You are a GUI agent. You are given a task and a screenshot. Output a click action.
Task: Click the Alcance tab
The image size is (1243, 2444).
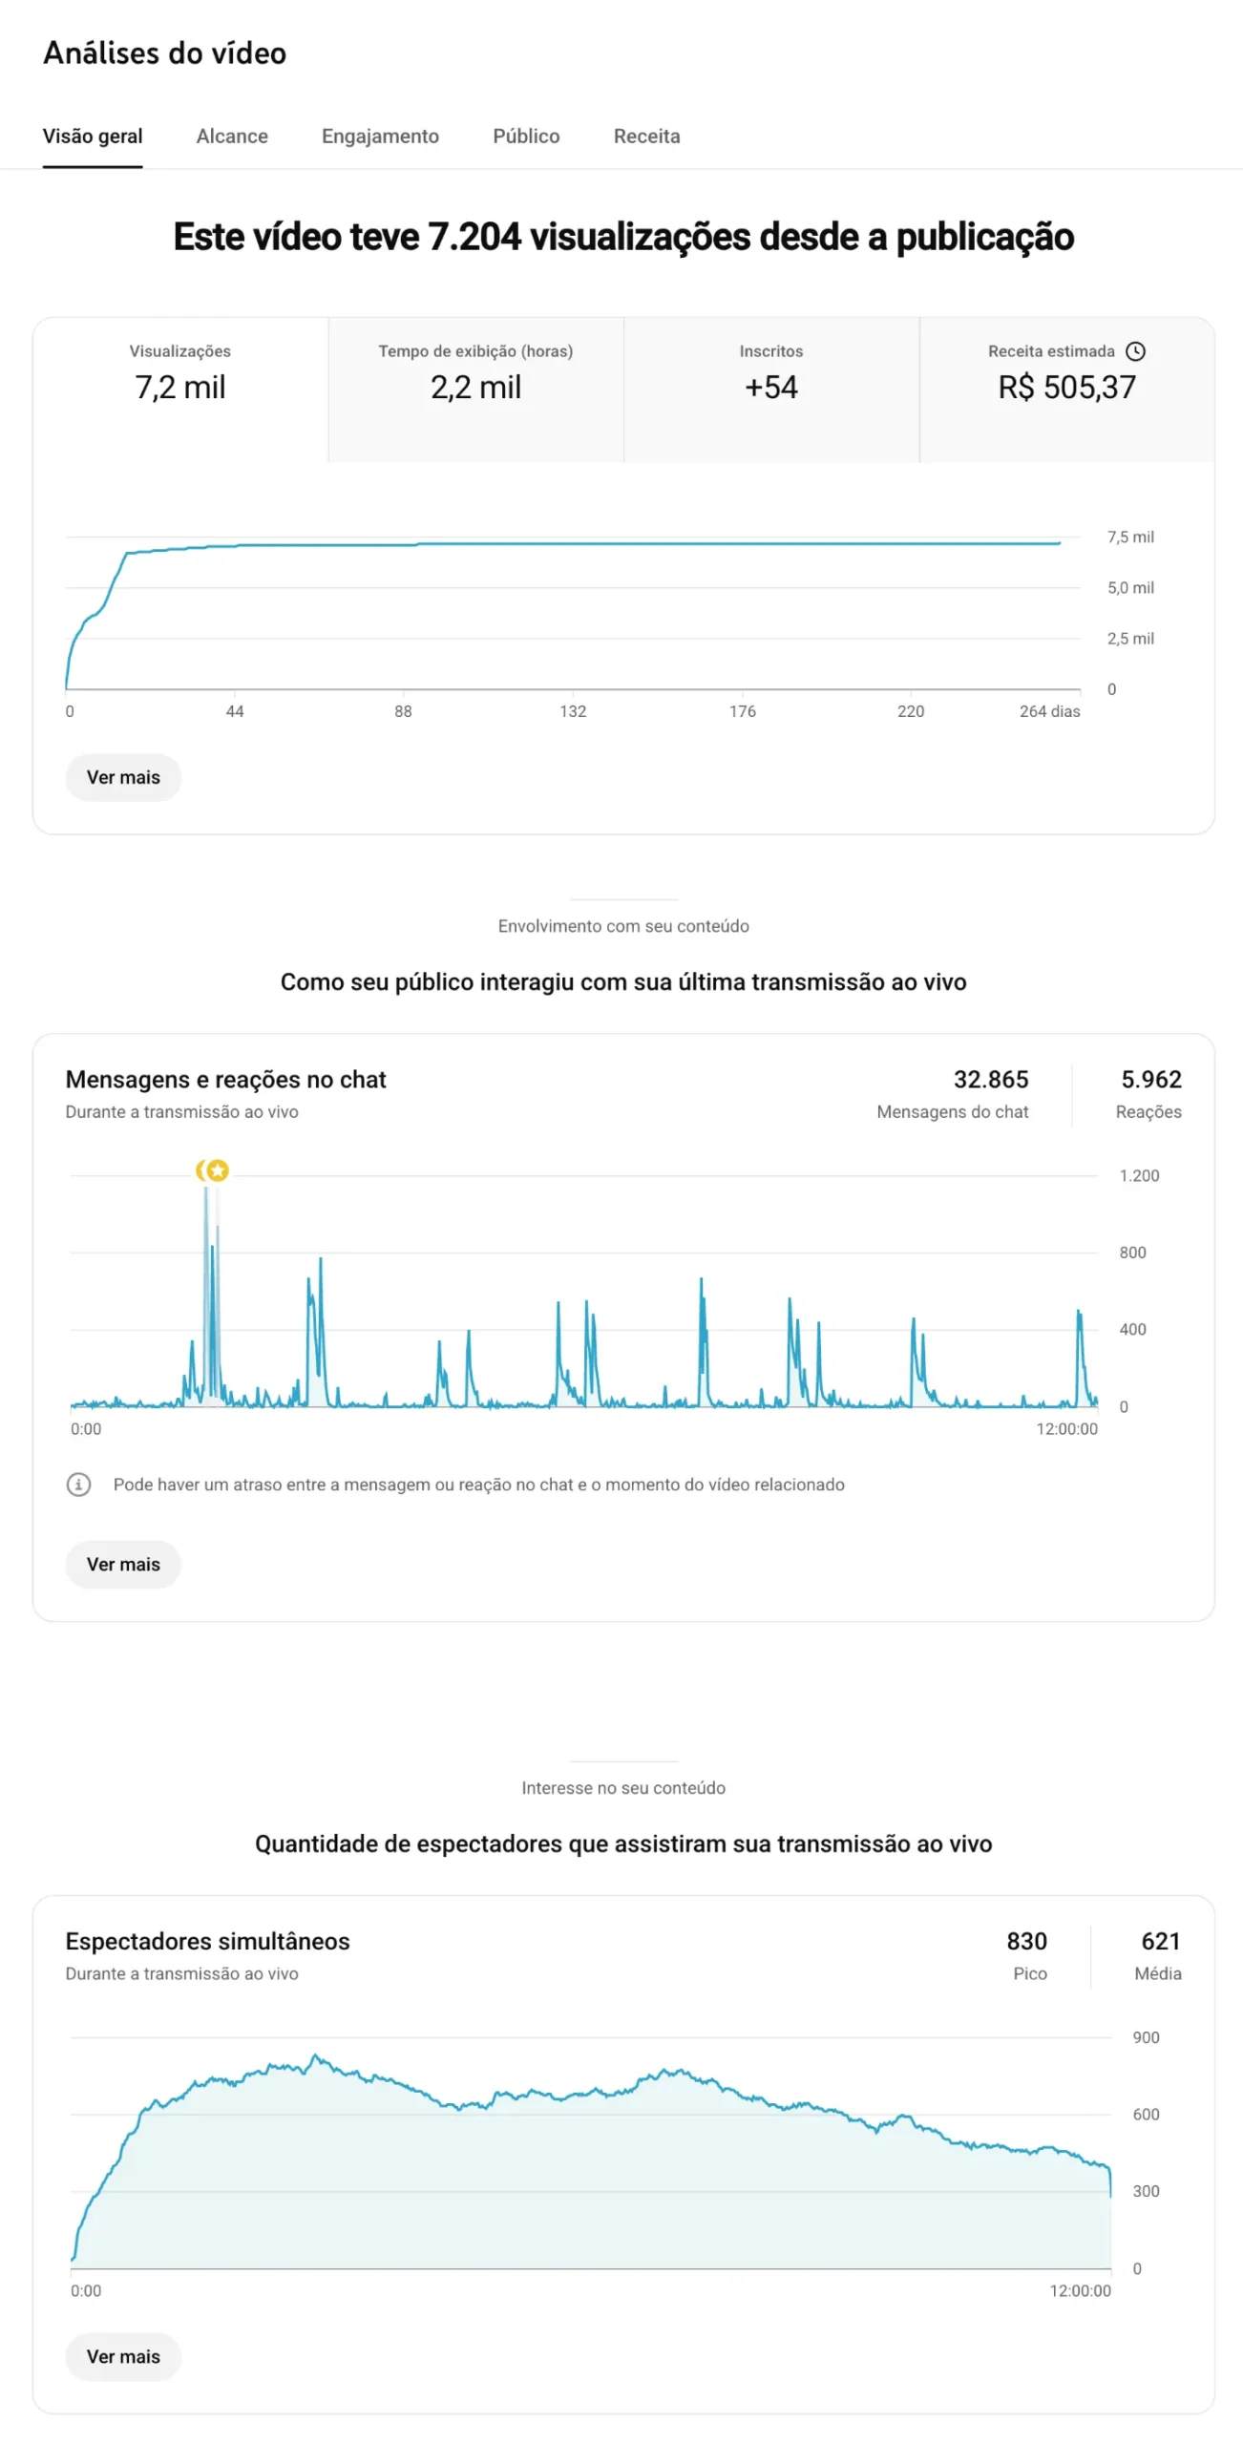pos(232,137)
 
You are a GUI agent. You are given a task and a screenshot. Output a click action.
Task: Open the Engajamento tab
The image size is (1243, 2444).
pos(380,137)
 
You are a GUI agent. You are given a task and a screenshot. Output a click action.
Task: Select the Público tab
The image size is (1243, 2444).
pos(526,137)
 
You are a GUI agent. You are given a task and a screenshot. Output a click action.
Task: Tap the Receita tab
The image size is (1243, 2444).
pos(646,137)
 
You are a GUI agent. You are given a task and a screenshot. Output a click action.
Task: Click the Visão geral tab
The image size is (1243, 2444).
pos(93,137)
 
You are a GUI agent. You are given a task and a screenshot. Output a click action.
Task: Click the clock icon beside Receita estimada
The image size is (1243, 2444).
pos(1135,351)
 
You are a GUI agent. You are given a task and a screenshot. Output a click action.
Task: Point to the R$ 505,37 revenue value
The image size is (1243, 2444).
pos(1066,387)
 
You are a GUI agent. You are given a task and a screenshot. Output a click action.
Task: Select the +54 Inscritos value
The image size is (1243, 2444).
pos(770,387)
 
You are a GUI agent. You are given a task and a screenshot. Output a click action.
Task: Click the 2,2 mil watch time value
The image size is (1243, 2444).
pos(475,387)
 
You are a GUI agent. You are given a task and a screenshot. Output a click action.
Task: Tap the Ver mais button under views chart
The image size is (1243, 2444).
pos(123,777)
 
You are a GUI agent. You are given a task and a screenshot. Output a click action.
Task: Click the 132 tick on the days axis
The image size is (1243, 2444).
pos(573,711)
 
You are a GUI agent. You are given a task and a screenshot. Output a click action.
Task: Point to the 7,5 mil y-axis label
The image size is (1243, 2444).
pos(1130,537)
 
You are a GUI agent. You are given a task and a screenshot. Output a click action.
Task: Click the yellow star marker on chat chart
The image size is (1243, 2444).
pos(218,1170)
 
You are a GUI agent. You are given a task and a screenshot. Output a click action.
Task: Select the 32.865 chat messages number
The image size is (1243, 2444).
pos(990,1080)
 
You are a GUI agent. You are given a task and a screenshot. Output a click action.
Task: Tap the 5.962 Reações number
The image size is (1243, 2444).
pos(1150,1080)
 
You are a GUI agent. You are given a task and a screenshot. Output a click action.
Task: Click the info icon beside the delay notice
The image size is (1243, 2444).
pos(78,1485)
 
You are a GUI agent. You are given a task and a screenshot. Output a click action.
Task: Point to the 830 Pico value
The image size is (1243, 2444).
pos(1026,1942)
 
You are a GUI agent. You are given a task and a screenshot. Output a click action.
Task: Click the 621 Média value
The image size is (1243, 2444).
pos(1161,1942)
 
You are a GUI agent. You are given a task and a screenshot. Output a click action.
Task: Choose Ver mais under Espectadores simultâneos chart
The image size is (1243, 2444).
pos(123,2357)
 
